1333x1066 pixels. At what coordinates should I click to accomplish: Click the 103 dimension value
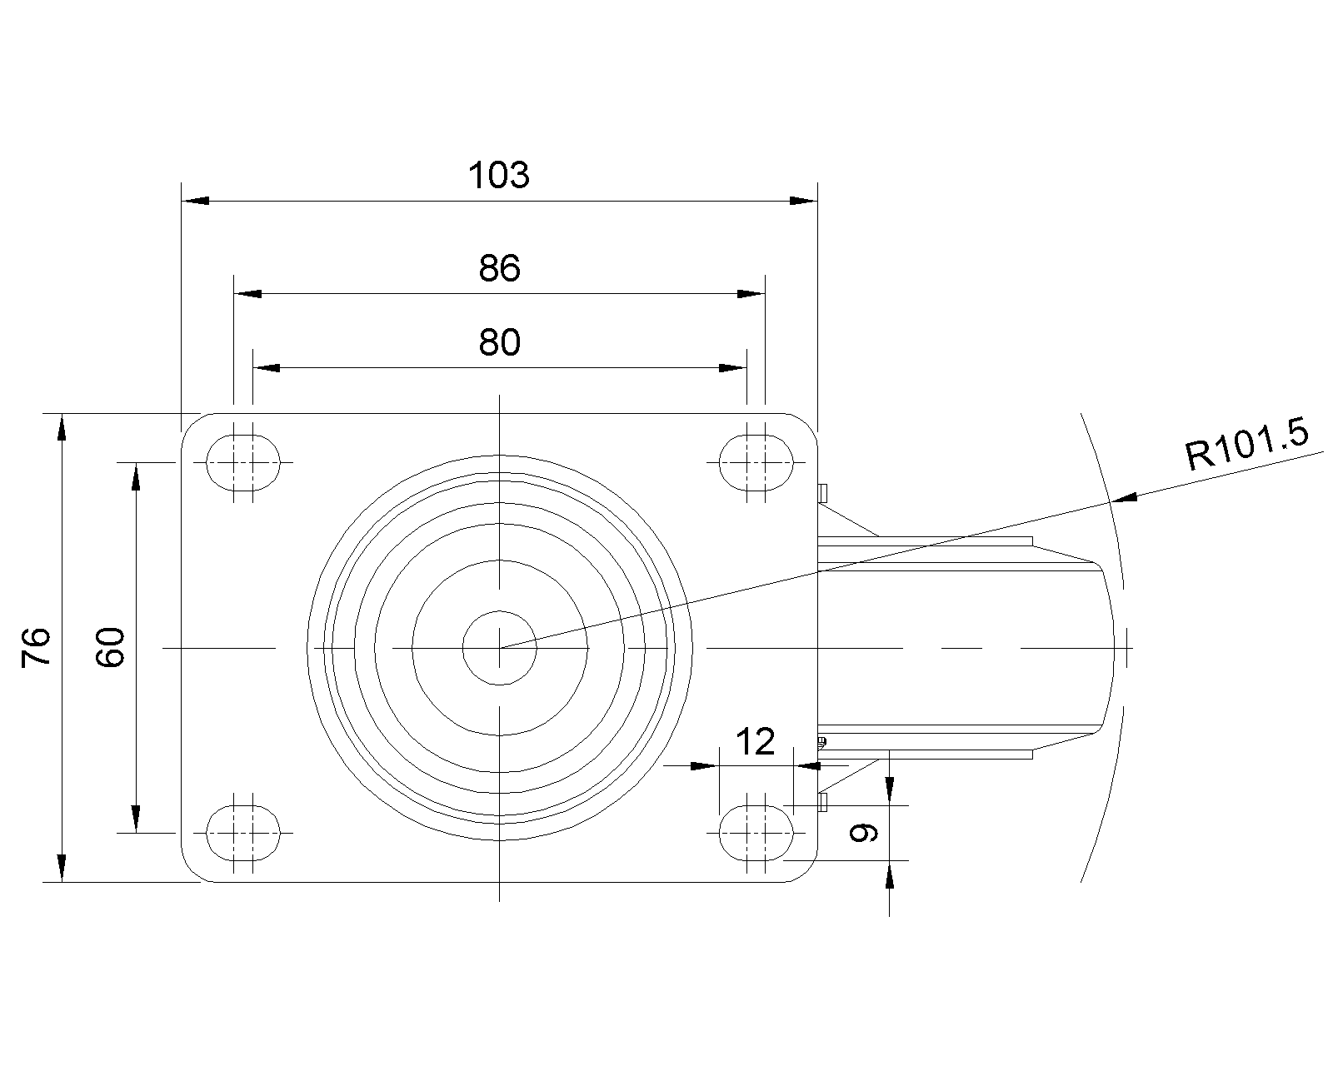coord(499,176)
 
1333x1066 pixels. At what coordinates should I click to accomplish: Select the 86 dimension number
coord(499,268)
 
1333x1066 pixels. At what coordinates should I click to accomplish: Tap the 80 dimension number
coord(499,341)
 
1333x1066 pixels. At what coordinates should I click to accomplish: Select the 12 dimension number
coord(756,741)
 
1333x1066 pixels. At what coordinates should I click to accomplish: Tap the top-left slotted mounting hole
coord(242,461)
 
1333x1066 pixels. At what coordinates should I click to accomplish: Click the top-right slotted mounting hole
coord(756,461)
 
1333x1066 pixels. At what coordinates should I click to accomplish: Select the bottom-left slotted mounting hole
coord(242,832)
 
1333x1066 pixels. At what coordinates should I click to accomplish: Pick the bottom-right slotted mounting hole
coord(756,832)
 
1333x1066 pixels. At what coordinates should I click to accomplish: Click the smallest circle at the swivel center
coord(499,647)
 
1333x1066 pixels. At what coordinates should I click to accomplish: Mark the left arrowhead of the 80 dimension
coord(266,367)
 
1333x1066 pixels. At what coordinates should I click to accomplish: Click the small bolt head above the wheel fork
coord(823,492)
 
